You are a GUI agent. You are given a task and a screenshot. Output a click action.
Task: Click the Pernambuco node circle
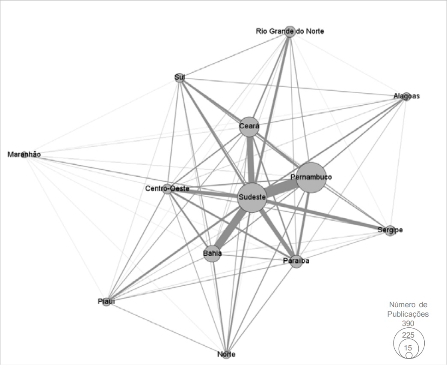pos(311,177)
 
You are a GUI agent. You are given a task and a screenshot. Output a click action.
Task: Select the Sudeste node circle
pos(252,197)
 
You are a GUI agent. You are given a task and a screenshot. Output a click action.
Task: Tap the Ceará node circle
pos(249,127)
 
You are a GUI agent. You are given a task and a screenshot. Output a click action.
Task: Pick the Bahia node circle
pos(213,253)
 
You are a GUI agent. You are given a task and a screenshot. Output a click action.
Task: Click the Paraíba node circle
pos(296,261)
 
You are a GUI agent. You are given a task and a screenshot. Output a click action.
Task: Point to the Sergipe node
pos(390,230)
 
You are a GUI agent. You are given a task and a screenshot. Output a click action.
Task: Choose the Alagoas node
pos(406,96)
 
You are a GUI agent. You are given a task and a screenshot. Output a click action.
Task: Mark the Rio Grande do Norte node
pos(290,31)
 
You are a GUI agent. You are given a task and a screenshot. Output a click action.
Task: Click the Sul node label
pos(180,77)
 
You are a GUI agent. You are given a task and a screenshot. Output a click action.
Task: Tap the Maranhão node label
pos(24,154)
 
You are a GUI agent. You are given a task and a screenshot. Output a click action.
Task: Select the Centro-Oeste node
pos(167,189)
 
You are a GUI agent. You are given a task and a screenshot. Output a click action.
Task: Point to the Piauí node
pos(106,302)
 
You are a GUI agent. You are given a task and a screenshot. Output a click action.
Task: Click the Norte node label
pos(226,354)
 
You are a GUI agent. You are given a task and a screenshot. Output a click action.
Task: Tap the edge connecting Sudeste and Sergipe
pos(325,214)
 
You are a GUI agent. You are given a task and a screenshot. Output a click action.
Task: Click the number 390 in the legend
pos(408,323)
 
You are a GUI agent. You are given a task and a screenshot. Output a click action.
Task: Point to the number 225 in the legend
pos(408,335)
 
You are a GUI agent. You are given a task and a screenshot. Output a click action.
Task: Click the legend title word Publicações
pos(408,314)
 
